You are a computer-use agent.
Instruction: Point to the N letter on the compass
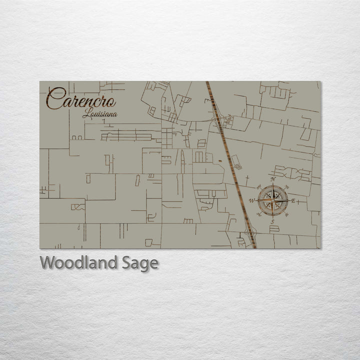point(272,179)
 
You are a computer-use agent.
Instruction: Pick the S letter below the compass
point(272,221)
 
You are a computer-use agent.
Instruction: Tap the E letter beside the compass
point(293,201)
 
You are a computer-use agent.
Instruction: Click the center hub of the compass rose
point(272,200)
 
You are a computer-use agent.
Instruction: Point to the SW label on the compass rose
point(259,214)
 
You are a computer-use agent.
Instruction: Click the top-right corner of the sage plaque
point(320,81)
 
